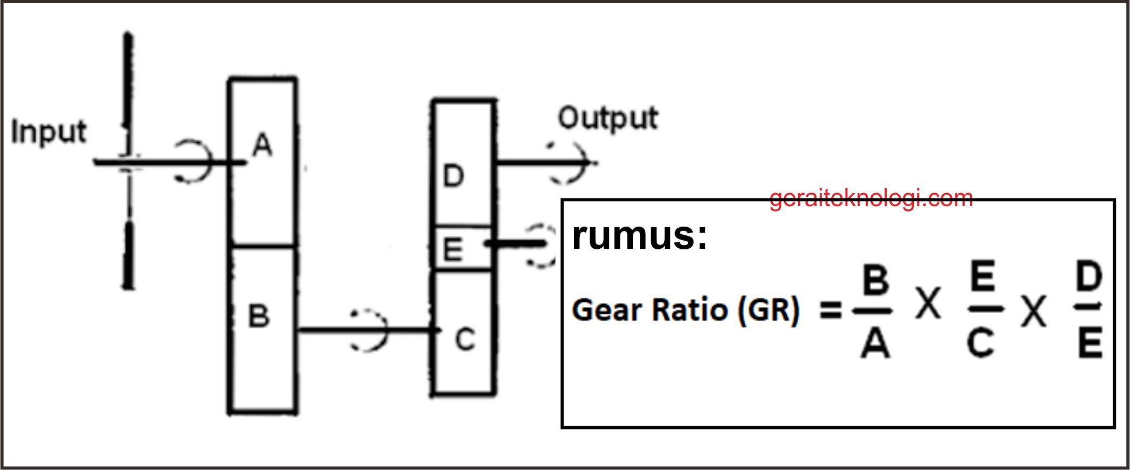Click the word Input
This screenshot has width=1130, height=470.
pyautogui.click(x=49, y=133)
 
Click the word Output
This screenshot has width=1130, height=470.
pyautogui.click(x=608, y=119)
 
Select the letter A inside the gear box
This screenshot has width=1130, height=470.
pyautogui.click(x=263, y=145)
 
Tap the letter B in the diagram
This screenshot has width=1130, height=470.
pyautogui.click(x=259, y=316)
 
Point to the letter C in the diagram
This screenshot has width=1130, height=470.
pyautogui.click(x=465, y=340)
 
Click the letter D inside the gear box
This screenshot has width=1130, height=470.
pyautogui.click(x=453, y=176)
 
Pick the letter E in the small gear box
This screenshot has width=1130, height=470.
pyautogui.click(x=453, y=250)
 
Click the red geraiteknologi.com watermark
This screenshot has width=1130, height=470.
pyautogui.click(x=871, y=198)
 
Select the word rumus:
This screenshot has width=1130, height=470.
pyautogui.click(x=639, y=235)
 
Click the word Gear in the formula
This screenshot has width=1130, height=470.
pyautogui.click(x=606, y=310)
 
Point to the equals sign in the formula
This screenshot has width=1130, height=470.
pyautogui.click(x=831, y=310)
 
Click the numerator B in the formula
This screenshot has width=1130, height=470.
pyautogui.click(x=875, y=280)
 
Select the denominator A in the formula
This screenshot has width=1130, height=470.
pyautogui.click(x=875, y=343)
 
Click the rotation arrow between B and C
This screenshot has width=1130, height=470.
pyautogui.click(x=371, y=330)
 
